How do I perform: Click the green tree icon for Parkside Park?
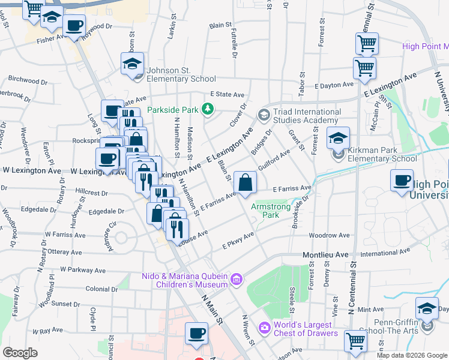207,109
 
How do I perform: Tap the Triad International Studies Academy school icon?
263,114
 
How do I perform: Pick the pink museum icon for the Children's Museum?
237,279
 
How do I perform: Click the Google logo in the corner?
20,353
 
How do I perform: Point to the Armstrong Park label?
265,210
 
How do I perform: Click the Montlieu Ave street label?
325,254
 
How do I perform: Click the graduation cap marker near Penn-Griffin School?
427,309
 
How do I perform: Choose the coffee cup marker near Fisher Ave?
74,26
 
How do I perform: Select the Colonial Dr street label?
101,289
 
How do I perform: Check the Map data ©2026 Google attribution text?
412,355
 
